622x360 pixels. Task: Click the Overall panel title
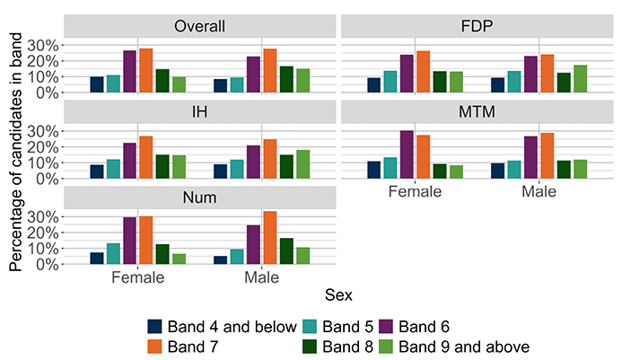pos(199,26)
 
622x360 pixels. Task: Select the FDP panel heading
pos(477,26)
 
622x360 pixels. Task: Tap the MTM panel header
pos(477,112)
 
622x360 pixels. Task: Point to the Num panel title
pos(199,198)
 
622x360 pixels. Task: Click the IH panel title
pos(199,112)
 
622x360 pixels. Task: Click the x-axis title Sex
pos(338,294)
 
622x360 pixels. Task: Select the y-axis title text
pos(15,152)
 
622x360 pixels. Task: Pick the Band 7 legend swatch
pos(154,347)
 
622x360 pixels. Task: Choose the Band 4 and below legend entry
pos(223,327)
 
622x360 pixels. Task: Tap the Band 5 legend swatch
pos(310,327)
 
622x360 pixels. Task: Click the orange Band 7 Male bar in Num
pos(270,238)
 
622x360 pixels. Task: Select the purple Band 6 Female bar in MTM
pos(407,154)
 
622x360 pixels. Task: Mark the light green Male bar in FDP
pos(581,79)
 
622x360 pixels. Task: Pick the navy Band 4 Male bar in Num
pos(221,260)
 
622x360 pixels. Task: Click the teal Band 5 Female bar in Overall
pos(113,83)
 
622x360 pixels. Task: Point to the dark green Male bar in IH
pos(286,167)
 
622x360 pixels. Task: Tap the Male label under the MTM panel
pos(539,191)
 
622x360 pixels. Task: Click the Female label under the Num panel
pos(137,277)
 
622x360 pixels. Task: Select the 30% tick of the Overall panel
pos(42,46)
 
